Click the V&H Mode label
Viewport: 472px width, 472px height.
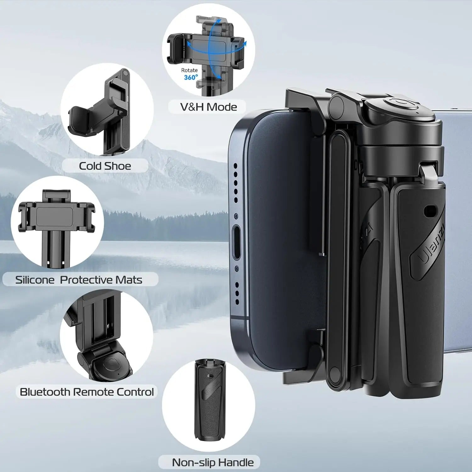208,107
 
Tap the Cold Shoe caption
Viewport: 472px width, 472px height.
105,166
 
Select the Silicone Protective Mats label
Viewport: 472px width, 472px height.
79,280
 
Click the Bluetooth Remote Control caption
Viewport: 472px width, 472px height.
87,392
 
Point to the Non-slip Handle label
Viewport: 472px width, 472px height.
213,462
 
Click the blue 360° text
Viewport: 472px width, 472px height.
191,77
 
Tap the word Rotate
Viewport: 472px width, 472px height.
189,70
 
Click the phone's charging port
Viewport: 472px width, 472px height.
236,242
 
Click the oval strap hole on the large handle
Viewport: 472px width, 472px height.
430,211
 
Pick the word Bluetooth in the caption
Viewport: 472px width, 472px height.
45,392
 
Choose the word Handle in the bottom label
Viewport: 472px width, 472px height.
236,462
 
